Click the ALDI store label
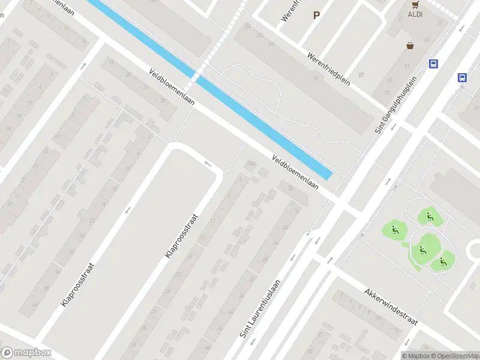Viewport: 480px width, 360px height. pyautogui.click(x=415, y=14)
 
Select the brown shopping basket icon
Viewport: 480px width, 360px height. pyautogui.click(x=410, y=45)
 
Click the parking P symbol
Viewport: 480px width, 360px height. pyautogui.click(x=316, y=16)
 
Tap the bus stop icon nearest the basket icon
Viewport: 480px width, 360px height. pyautogui.click(x=433, y=64)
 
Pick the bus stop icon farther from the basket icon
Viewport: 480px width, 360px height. pyautogui.click(x=463, y=77)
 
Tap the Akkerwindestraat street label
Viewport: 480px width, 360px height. pyautogui.click(x=390, y=307)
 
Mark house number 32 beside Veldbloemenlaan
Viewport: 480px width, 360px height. pyautogui.click(x=291, y=188)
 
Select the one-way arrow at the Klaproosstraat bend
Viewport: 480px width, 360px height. pyautogui.click(x=208, y=163)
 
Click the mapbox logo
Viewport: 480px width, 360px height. pyautogui.click(x=26, y=353)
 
